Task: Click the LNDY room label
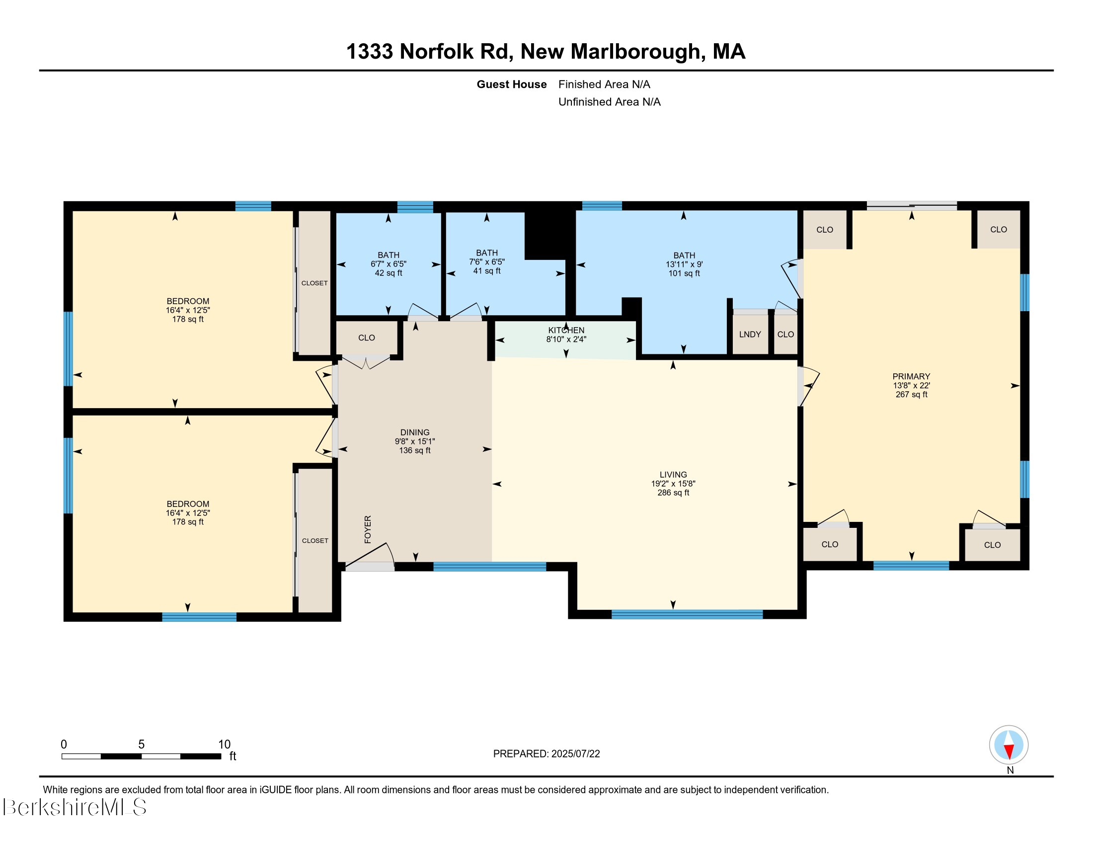point(750,335)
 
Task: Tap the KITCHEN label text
point(566,331)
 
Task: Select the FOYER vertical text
point(368,529)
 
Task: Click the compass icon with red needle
point(1009,745)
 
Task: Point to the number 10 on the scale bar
point(224,745)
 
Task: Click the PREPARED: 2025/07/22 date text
point(546,754)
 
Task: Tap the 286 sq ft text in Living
point(673,493)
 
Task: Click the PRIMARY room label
point(911,376)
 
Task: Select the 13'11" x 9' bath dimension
point(684,264)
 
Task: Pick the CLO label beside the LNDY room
point(785,335)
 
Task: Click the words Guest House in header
point(511,84)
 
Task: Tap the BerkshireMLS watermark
point(75,807)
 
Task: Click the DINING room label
point(414,432)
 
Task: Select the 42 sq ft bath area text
point(389,273)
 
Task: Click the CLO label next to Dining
point(366,338)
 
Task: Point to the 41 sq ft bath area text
point(486,271)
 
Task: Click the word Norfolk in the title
point(436,52)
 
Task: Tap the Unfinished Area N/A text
point(609,102)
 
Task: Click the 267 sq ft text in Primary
point(911,395)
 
